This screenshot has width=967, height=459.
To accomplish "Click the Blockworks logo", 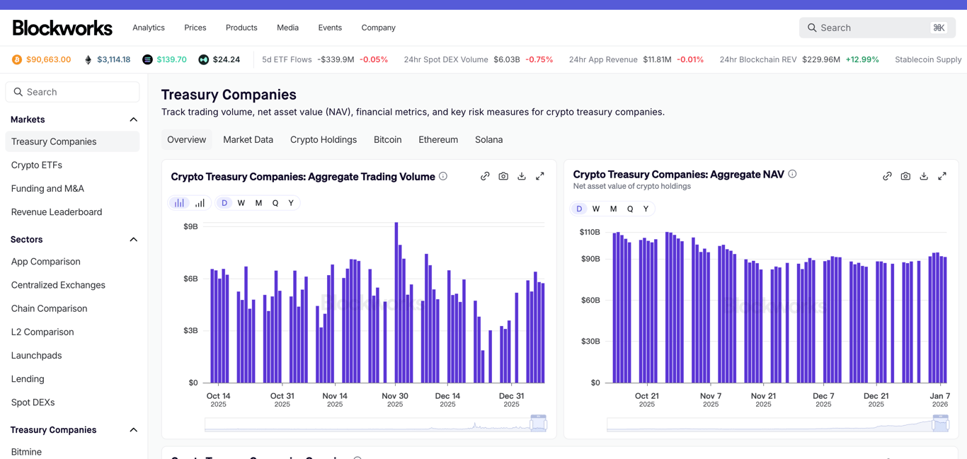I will click(62, 28).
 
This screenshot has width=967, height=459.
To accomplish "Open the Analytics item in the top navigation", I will click(149, 28).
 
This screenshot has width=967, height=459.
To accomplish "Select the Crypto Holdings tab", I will click(324, 139).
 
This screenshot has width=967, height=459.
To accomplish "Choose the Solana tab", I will click(488, 139).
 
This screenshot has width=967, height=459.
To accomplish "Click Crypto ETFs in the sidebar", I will click(37, 165).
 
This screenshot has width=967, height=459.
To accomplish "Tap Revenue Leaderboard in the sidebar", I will click(57, 211).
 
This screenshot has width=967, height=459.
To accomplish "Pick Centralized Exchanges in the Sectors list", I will click(58, 285).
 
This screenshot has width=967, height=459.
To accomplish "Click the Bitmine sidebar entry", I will click(26, 451).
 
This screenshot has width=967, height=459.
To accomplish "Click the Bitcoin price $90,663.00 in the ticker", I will click(48, 59).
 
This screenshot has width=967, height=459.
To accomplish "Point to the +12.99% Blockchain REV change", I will click(862, 59).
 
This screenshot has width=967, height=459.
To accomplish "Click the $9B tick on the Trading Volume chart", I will click(190, 226).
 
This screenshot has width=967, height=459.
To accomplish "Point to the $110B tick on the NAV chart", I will click(590, 232).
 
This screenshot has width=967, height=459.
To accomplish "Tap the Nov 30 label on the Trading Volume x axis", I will click(395, 396).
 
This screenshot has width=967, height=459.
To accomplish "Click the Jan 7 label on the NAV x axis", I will click(940, 396).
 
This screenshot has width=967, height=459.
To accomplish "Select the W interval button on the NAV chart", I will click(596, 209).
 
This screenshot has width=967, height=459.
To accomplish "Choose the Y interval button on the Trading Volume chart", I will click(291, 203).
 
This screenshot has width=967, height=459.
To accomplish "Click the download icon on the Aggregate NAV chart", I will click(924, 176).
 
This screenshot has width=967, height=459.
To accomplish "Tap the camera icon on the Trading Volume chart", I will click(503, 176).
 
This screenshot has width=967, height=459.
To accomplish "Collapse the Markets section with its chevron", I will click(133, 120).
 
